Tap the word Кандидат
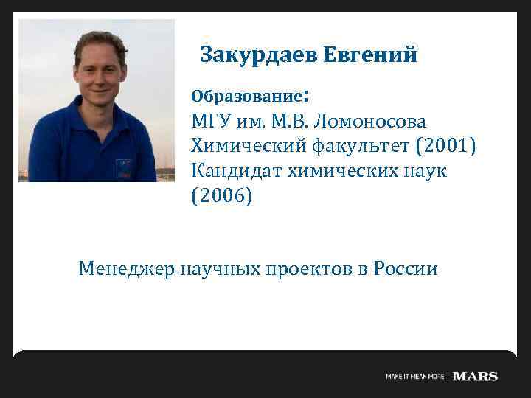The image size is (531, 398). tap(234, 170)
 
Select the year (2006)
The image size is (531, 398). tap(221, 196)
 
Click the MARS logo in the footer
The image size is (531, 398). tap(476, 377)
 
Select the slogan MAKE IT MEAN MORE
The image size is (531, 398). tap(415, 377)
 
